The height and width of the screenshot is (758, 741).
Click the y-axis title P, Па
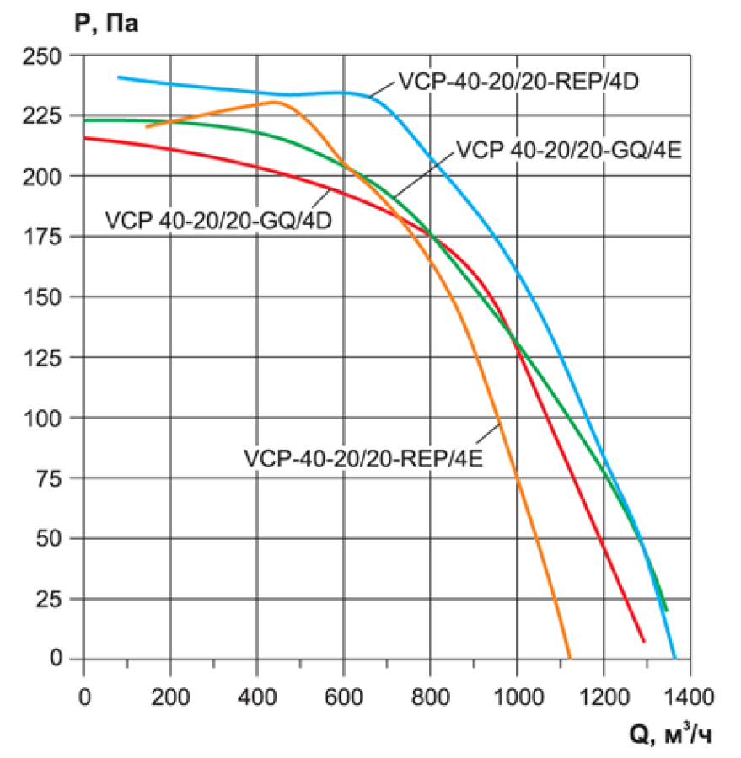point(106,24)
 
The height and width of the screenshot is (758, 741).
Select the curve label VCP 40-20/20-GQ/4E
point(568,151)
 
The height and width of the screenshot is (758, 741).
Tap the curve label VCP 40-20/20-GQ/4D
point(218,221)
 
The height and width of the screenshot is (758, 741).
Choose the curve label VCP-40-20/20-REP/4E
point(363,459)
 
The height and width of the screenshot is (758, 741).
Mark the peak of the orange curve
point(274,102)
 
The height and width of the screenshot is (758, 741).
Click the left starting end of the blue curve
point(119,77)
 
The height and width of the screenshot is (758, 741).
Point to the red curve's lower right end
point(644,642)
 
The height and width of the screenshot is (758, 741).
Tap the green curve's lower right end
point(667,610)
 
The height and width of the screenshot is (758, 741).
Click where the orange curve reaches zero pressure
point(570,658)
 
